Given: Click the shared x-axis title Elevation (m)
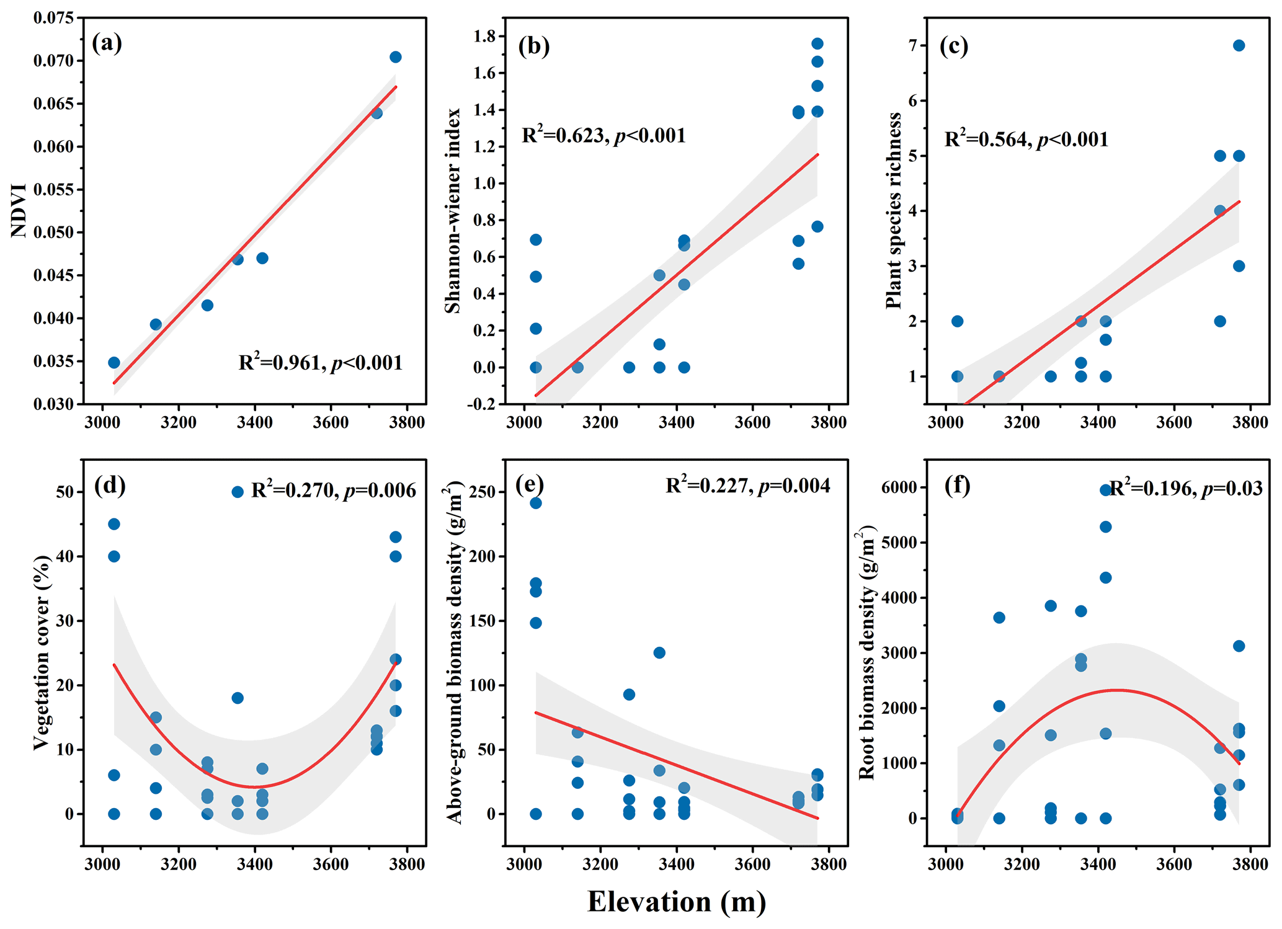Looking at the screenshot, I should pyautogui.click(x=676, y=901).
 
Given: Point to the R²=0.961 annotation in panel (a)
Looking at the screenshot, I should pyautogui.click(x=320, y=362).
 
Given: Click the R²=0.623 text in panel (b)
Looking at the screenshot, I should pyautogui.click(x=603, y=135).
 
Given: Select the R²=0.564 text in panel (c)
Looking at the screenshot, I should pyautogui.click(x=1026, y=138).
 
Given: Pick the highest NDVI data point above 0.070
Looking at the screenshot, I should pyautogui.click(x=395, y=57).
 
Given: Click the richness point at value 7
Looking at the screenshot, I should pyautogui.click(x=1239, y=45).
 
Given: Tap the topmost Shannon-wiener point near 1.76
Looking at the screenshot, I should pyautogui.click(x=817, y=43).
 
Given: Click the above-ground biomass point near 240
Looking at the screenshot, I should pyautogui.click(x=536, y=503).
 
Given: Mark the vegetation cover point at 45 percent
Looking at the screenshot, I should pyautogui.click(x=114, y=524).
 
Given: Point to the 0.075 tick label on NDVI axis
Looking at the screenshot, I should pyautogui.click(x=53, y=17).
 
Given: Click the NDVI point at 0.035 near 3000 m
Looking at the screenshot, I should pyautogui.click(x=114, y=362).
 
